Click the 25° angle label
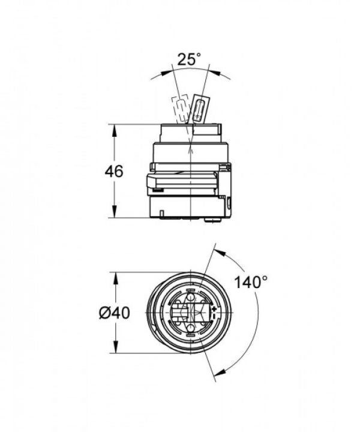189,59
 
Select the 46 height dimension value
113,171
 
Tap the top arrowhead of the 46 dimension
113,128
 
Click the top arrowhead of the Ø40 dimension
113,276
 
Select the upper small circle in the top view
189,298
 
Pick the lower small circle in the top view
190,327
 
